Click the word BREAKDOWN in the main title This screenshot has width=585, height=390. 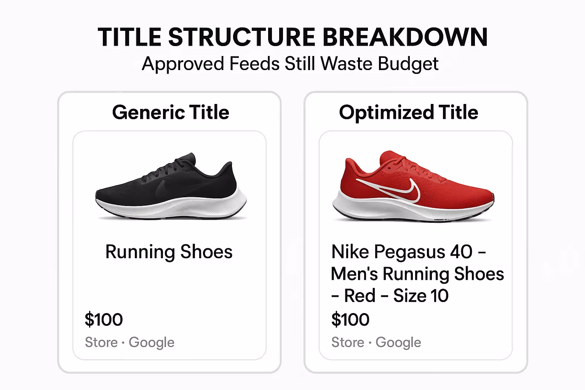[x=405, y=37]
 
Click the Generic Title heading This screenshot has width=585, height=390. [x=171, y=112]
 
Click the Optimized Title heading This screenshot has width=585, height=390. [x=408, y=112]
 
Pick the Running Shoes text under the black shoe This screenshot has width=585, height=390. [x=169, y=252]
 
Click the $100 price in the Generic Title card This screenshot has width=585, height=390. [x=104, y=319]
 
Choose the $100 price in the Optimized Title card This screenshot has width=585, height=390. [x=350, y=319]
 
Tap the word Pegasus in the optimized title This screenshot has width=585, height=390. [x=409, y=252]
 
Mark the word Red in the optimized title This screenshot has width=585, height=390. [x=360, y=296]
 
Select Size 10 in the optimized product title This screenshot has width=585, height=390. [x=420, y=296]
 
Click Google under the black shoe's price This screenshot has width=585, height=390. [x=151, y=342]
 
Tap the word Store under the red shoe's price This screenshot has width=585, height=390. [x=347, y=342]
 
